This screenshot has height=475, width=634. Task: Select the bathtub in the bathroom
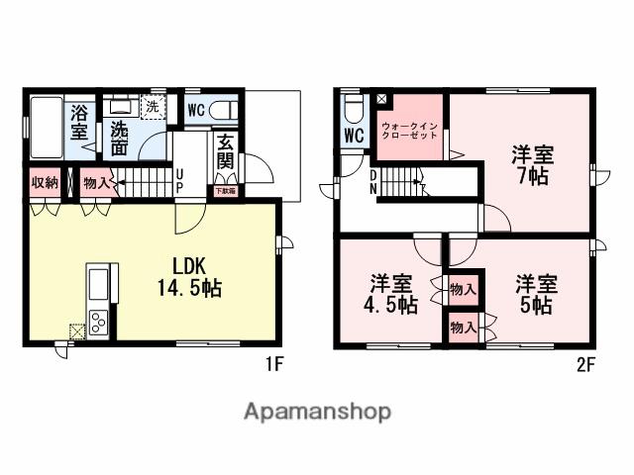(46, 128)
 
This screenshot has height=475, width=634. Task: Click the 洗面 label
(120, 138)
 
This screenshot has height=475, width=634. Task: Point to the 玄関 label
(226, 152)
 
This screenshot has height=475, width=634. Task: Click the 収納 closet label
(45, 182)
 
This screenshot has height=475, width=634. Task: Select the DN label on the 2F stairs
(372, 182)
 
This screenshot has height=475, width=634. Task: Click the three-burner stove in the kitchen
(101, 322)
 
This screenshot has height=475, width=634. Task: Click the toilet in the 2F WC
(353, 108)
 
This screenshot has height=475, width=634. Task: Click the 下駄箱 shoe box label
(226, 190)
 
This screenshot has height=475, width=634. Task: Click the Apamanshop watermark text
(317, 411)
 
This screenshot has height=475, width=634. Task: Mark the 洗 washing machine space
(152, 106)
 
